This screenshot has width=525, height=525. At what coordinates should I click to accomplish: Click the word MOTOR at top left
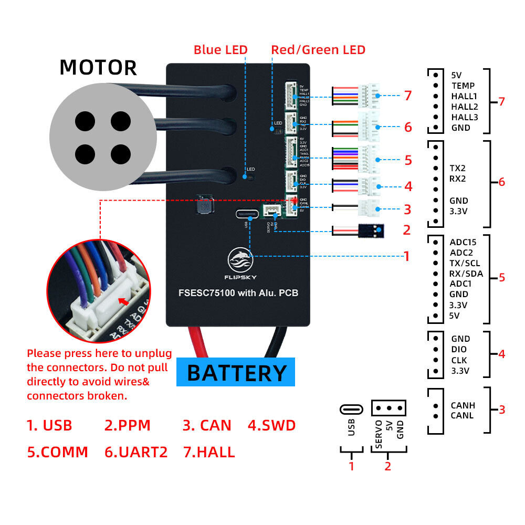coord(98,68)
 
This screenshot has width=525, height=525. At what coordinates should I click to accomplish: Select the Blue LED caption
coord(220,50)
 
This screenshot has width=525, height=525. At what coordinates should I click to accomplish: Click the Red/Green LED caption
coord(318,50)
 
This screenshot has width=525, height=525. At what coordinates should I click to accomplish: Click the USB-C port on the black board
coord(247,214)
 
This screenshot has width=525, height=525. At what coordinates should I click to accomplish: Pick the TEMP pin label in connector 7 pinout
coord(463,86)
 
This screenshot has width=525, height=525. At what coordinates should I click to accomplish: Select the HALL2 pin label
coord(465,107)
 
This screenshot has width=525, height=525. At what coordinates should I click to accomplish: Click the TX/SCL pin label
coord(465,263)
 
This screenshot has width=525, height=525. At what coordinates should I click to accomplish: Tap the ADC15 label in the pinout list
coord(464,242)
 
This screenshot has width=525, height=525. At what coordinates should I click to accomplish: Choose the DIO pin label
coord(459,349)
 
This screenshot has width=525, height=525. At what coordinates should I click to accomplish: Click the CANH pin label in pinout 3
coord(463,405)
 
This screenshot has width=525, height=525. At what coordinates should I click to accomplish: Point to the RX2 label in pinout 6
coord(458,178)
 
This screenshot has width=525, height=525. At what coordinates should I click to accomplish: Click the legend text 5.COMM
coord(58,451)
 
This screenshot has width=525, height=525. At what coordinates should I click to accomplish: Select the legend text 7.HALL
coord(209,451)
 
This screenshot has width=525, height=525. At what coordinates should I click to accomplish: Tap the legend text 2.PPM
coord(127,425)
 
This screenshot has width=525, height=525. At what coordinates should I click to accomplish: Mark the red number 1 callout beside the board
coord(406,256)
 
